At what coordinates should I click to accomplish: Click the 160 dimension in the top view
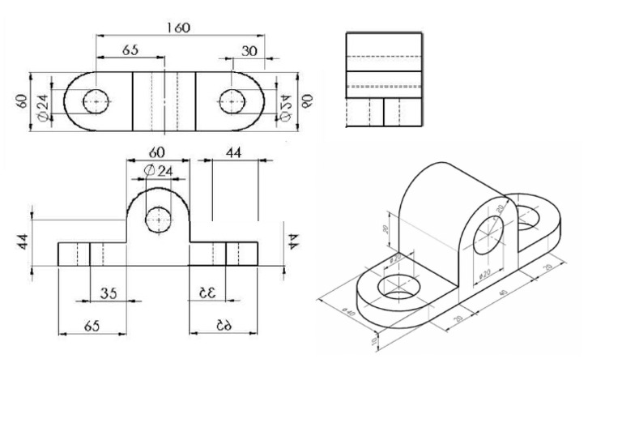[178, 28]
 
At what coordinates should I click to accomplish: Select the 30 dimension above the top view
[249, 50]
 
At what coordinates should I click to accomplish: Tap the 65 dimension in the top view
[130, 50]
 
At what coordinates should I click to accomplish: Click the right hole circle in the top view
[232, 101]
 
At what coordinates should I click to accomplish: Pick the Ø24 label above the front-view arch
[158, 171]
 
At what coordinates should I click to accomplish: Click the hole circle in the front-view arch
[158, 219]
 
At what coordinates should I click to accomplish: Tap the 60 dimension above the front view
[156, 152]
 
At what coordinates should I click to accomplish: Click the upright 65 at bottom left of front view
[92, 325]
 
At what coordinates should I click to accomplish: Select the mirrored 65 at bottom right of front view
[224, 325]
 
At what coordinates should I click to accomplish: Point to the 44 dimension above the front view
[234, 152]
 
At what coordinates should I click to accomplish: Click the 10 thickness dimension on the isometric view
[373, 341]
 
